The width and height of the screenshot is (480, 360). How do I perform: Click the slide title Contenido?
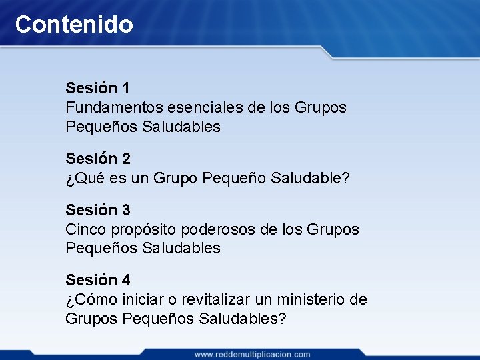point(74,25)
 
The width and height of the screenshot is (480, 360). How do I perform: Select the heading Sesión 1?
point(98,88)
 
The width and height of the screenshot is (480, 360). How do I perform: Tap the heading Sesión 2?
point(98,159)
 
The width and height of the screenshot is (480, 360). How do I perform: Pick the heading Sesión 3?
point(98,210)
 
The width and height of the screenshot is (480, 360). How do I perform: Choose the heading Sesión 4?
point(98,281)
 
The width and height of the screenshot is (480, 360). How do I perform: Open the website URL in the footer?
point(252,354)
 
